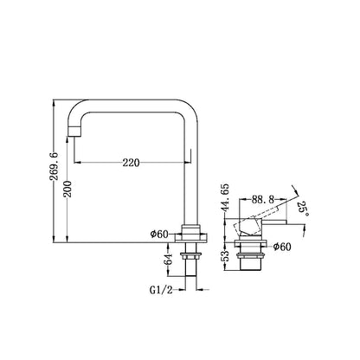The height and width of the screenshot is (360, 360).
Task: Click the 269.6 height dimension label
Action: (x=54, y=166)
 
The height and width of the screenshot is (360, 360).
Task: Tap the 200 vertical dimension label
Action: (x=67, y=189)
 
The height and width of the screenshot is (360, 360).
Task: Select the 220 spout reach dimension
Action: (x=131, y=163)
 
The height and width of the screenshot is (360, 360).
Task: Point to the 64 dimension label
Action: (x=169, y=260)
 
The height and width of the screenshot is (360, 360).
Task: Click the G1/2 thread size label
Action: (x=161, y=290)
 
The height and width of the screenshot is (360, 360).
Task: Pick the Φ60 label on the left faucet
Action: (x=159, y=234)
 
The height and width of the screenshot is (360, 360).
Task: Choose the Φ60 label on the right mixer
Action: (x=282, y=247)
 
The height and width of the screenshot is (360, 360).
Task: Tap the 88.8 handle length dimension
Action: (x=262, y=199)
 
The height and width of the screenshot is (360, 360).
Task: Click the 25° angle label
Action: (x=303, y=209)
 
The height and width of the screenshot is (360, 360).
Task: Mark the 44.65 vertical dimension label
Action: (x=225, y=197)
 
